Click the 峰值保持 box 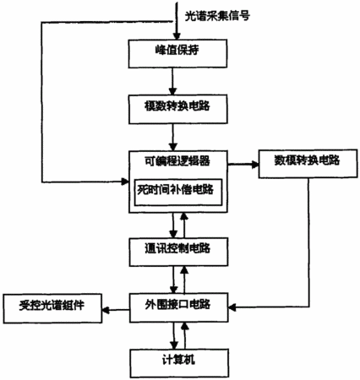177,53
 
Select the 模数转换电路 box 178,109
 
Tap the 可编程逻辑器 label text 177,161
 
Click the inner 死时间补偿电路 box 178,193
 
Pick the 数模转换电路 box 308,164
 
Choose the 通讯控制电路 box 178,252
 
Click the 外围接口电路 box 178,307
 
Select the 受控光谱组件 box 52,308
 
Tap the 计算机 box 179,363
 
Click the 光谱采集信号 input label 217,16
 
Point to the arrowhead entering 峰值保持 177,36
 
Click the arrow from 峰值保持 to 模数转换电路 172,81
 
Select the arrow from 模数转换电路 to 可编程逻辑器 173,137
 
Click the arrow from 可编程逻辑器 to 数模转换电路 243,165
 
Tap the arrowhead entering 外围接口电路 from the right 232,307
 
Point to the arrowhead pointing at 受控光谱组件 106,310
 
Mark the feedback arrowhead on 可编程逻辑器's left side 125,182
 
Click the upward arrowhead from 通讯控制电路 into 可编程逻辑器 184,216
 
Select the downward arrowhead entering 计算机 174,345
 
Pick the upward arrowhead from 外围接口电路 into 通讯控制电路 184,269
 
